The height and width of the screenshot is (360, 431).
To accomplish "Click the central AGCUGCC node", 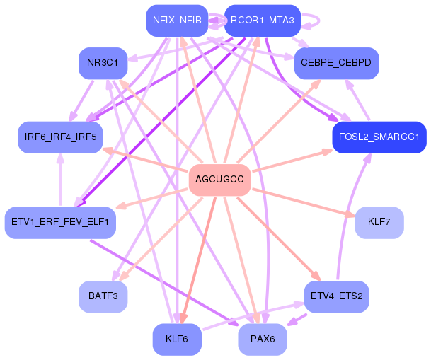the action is pyautogui.click(x=219, y=180).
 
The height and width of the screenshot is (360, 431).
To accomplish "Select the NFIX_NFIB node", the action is pyautogui.click(x=177, y=21).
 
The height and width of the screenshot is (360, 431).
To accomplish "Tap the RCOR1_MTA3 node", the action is pyautogui.click(x=263, y=21).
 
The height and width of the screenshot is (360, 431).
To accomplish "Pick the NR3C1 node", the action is pyautogui.click(x=103, y=63).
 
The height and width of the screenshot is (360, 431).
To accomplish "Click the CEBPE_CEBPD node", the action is pyautogui.click(x=336, y=63).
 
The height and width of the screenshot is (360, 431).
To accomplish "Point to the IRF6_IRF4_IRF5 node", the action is pyautogui.click(x=60, y=137).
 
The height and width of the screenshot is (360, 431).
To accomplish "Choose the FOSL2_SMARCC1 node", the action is pyautogui.click(x=379, y=137).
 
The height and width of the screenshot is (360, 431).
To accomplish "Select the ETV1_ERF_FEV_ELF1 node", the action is pyautogui.click(x=60, y=222).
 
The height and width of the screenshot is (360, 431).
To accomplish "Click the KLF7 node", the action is pyautogui.click(x=379, y=222).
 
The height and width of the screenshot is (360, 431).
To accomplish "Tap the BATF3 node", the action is pyautogui.click(x=103, y=296).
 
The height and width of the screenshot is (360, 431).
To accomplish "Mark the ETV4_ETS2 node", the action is pyautogui.click(x=336, y=296).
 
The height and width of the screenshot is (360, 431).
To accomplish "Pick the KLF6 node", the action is pyautogui.click(x=177, y=339).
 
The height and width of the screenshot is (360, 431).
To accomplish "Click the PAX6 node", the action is pyautogui.click(x=263, y=339).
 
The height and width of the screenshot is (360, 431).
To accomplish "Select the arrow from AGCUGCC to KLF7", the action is pyautogui.click(x=304, y=202).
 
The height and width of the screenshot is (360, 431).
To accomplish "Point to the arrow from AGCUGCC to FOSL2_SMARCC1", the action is pyautogui.click(x=292, y=161).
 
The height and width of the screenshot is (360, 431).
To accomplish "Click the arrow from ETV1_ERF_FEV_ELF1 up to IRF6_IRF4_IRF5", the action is pyautogui.click(x=60, y=180).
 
